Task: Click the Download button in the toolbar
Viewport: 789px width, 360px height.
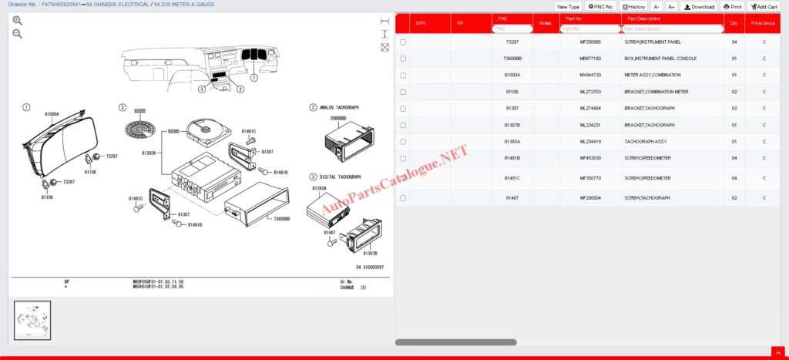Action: [699, 6]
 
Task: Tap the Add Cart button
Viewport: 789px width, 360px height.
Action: [764, 6]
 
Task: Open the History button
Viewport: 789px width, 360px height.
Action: [633, 6]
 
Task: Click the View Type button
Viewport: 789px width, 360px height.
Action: [568, 6]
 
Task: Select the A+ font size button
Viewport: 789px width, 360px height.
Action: [671, 6]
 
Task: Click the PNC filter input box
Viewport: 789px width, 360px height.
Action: [512, 29]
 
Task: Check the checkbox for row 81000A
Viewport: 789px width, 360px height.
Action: [403, 75]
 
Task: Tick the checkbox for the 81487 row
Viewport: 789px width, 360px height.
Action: [403, 198]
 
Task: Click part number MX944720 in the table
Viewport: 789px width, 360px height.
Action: [590, 75]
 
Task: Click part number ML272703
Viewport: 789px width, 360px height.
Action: [590, 92]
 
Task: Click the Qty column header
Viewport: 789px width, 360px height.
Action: [734, 24]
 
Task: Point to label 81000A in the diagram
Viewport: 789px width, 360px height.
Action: [52, 114]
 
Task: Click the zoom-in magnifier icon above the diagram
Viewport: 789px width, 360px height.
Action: [17, 21]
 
